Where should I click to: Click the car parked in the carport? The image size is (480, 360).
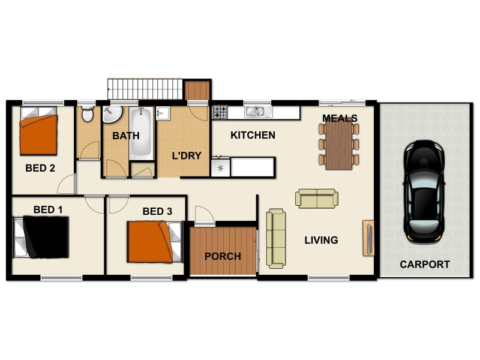coord(425,191)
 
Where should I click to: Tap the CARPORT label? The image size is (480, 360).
coord(425,264)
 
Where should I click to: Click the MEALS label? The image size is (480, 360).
coord(340,118)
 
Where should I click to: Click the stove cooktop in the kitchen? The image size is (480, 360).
coord(220,112)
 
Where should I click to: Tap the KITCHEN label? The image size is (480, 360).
coord(253,135)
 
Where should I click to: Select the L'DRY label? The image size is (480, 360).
coord(187,155)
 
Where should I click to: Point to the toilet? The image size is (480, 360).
coord(88,114)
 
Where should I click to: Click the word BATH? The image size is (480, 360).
coord(125,136)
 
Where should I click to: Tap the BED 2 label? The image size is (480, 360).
coord(40,168)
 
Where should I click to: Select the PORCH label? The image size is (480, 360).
coord(223,256)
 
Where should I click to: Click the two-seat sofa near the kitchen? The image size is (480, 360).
coord(316,199)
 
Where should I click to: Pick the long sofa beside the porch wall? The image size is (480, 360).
coord(277,238)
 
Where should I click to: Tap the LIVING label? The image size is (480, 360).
coord(321,240)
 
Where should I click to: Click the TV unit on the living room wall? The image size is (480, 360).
coord(368,238)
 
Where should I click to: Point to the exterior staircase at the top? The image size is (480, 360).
coord(145,89)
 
